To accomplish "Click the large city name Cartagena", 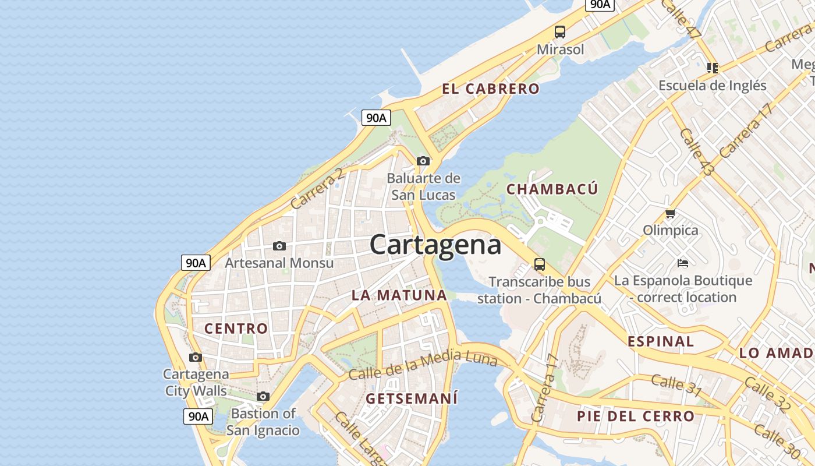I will click(435, 245).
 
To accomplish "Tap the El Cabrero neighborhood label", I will click(491, 89).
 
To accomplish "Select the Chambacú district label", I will click(552, 189).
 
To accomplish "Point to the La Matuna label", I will click(399, 295).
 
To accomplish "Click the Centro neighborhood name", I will click(236, 329).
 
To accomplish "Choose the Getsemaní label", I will click(412, 399).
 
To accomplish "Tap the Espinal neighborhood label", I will click(661, 341).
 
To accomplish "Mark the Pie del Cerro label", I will click(636, 416).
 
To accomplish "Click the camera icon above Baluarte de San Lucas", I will click(423, 161).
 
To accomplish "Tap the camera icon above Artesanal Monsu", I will click(279, 246).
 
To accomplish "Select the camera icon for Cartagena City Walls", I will click(196, 357).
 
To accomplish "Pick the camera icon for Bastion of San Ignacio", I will click(263, 397).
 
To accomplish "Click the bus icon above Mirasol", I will click(560, 32).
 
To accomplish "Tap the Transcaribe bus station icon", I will click(540, 264).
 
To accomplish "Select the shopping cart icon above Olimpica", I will click(671, 213).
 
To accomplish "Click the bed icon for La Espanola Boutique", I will click(683, 263).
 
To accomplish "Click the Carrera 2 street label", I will click(317, 188).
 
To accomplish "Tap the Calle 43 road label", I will click(696, 152).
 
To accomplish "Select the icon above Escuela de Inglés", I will click(713, 68).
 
